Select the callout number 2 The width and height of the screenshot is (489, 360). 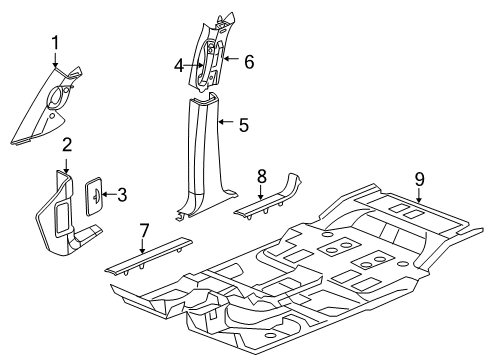tap(67, 145)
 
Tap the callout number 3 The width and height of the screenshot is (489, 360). tap(122, 195)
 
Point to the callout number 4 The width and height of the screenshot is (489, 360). tap(178, 66)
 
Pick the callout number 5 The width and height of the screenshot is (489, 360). tap(243, 125)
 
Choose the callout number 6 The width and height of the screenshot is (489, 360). tap(248, 61)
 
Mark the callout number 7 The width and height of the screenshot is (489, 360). tap(143, 232)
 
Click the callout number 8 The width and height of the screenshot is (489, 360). tap(261, 176)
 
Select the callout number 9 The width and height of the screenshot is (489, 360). tap(420, 180)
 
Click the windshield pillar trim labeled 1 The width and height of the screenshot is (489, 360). tap(48, 108)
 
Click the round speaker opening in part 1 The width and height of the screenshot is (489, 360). tap(56, 98)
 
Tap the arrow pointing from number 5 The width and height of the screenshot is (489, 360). tap(228, 125)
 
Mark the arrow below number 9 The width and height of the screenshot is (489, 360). tap(420, 197)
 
